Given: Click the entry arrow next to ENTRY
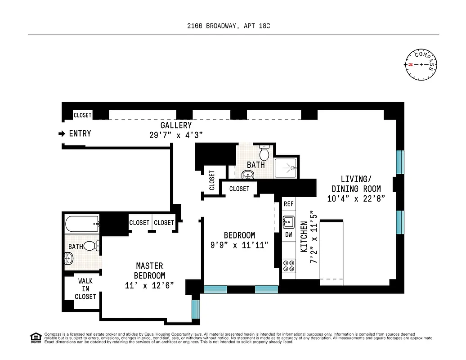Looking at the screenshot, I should [x=62, y=134].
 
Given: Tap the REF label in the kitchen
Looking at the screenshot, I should [x=289, y=204].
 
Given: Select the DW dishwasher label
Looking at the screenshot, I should [x=289, y=234].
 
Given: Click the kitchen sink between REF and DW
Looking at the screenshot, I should [x=289, y=221].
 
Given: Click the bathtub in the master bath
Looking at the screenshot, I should [x=82, y=223].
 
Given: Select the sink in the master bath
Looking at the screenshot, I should [x=69, y=258].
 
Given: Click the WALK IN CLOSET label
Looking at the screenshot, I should [x=85, y=289].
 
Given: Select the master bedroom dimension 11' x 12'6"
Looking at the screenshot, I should [x=149, y=285].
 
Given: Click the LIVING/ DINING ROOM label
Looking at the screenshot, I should [x=356, y=183].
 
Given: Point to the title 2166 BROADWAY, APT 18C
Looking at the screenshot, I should [x=229, y=26].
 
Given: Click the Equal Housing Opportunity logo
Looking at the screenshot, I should [x=35, y=338].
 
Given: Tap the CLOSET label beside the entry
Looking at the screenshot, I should [x=82, y=115].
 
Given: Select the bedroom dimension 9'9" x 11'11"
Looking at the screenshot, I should [x=240, y=245].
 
